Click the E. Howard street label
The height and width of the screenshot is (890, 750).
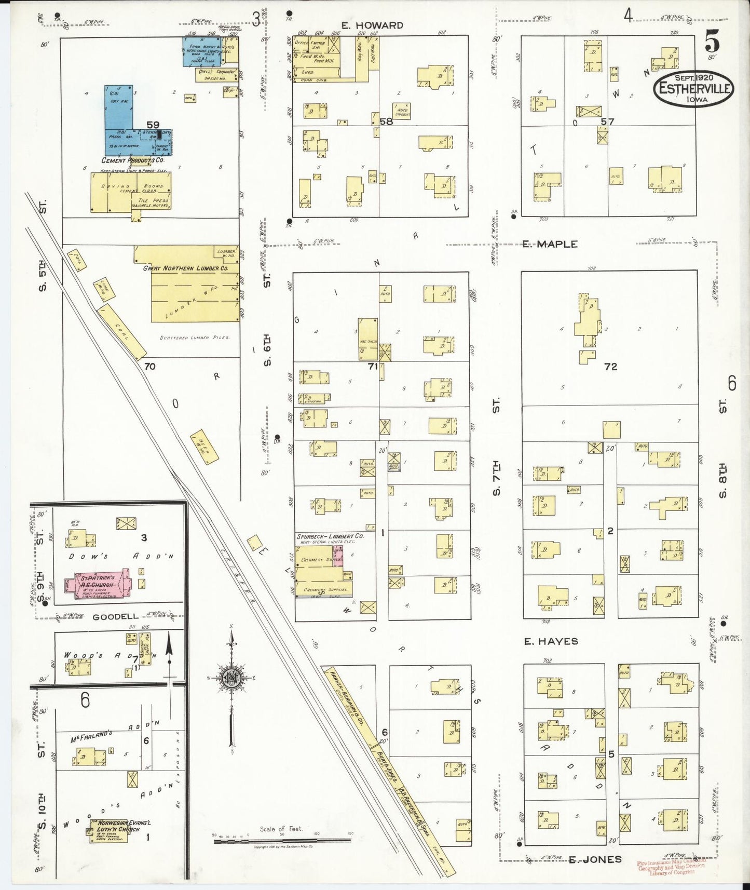click(373, 25)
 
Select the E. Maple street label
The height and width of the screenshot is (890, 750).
click(550, 244)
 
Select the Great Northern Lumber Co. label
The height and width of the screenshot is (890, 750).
click(185, 268)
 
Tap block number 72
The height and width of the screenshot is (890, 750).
click(610, 367)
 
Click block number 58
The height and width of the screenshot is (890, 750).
click(386, 122)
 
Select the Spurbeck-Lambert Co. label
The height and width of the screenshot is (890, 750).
click(330, 536)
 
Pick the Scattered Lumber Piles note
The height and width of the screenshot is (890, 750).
click(195, 338)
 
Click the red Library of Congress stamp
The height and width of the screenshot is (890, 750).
click(673, 868)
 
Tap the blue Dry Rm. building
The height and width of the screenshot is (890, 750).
click(119, 106)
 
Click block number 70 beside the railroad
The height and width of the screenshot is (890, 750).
click(150, 367)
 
